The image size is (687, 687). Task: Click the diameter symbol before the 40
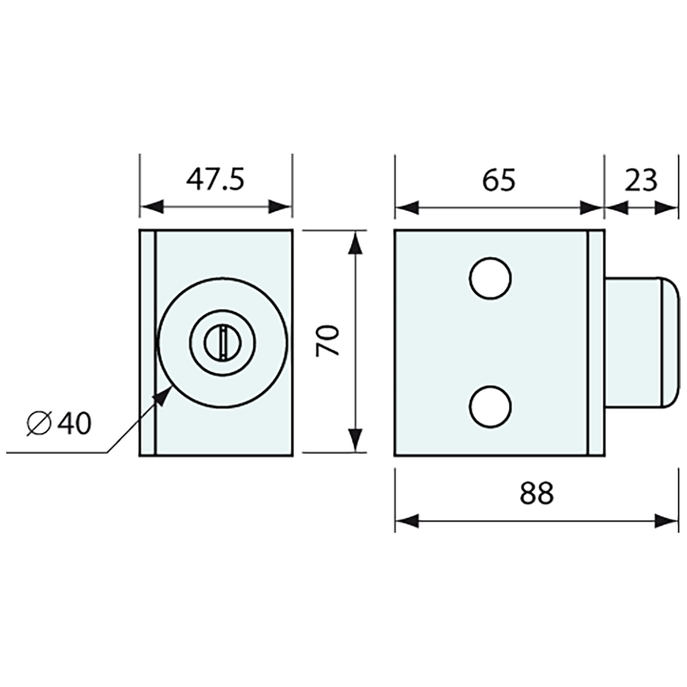coord(39,424)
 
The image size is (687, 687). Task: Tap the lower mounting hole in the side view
coord(490,407)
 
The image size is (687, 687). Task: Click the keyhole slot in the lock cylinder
coord(223,342)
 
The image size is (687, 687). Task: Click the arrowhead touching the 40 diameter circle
coord(164,396)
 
